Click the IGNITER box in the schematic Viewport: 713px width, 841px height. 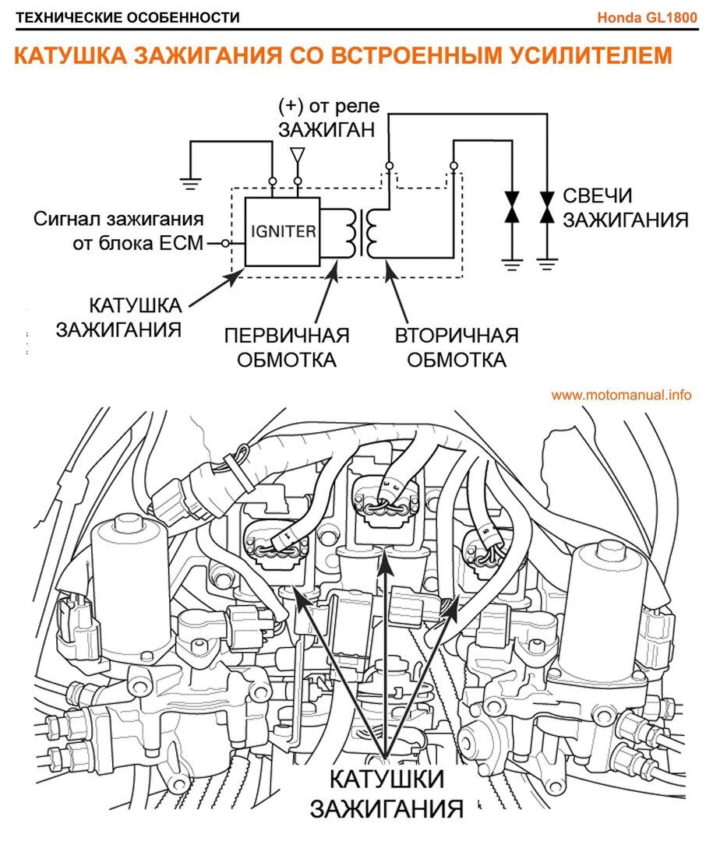click(282, 231)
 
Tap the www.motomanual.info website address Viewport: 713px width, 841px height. click(621, 395)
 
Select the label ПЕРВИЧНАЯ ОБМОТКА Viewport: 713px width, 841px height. click(287, 348)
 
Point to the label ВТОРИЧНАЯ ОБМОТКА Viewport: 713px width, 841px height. click(457, 348)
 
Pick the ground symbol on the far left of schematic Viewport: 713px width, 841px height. click(189, 184)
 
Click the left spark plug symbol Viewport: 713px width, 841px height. click(512, 209)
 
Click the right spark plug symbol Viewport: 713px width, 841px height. click(548, 209)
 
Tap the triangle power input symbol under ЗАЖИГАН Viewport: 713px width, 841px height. click(296, 157)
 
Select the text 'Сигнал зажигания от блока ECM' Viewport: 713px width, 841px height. click(118, 230)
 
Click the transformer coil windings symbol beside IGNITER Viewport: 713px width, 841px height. click(362, 232)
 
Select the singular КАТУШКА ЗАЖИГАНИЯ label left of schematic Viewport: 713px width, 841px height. click(118, 315)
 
